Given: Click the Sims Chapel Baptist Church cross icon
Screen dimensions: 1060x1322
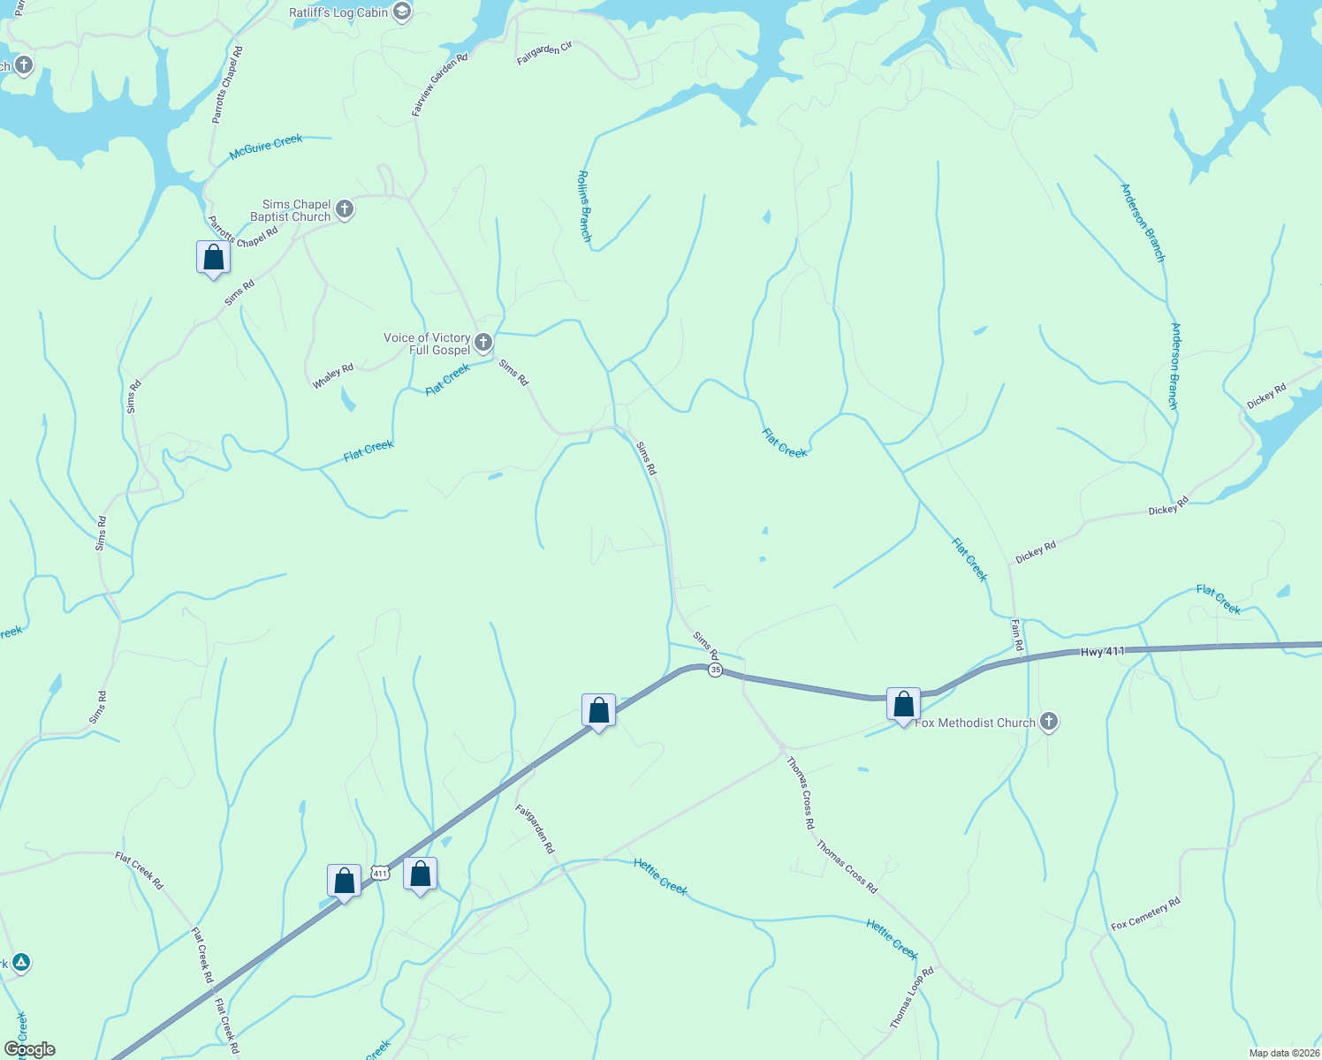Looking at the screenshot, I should tap(345, 210).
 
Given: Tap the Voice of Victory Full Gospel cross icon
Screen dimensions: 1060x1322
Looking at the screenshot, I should tap(482, 343).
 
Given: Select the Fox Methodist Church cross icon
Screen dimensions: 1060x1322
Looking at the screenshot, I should tap(1048, 722).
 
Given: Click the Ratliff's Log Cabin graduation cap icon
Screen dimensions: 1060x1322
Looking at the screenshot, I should tap(402, 12).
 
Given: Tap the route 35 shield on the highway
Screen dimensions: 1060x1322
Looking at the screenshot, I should tap(715, 670).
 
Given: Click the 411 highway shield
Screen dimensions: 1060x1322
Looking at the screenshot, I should tap(380, 873).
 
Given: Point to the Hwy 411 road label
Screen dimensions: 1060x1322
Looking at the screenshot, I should tap(1103, 652).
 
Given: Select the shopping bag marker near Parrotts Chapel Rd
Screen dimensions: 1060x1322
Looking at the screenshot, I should tap(213, 258).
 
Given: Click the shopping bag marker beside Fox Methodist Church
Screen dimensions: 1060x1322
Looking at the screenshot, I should tap(903, 705).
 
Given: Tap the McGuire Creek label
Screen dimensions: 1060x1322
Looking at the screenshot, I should tap(265, 147).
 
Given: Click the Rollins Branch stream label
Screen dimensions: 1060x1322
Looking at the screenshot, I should tap(584, 206).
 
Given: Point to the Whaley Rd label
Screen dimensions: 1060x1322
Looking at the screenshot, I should tap(333, 376).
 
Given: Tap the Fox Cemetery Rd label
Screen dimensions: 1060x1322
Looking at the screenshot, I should tap(1145, 913).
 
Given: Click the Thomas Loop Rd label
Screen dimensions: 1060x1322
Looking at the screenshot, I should tap(912, 998).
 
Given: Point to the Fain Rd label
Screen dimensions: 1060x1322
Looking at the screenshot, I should tap(1017, 635).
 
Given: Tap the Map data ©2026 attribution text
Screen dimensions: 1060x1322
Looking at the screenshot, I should tap(1283, 1053).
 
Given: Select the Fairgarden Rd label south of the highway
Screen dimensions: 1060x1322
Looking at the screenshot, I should tap(535, 828).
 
